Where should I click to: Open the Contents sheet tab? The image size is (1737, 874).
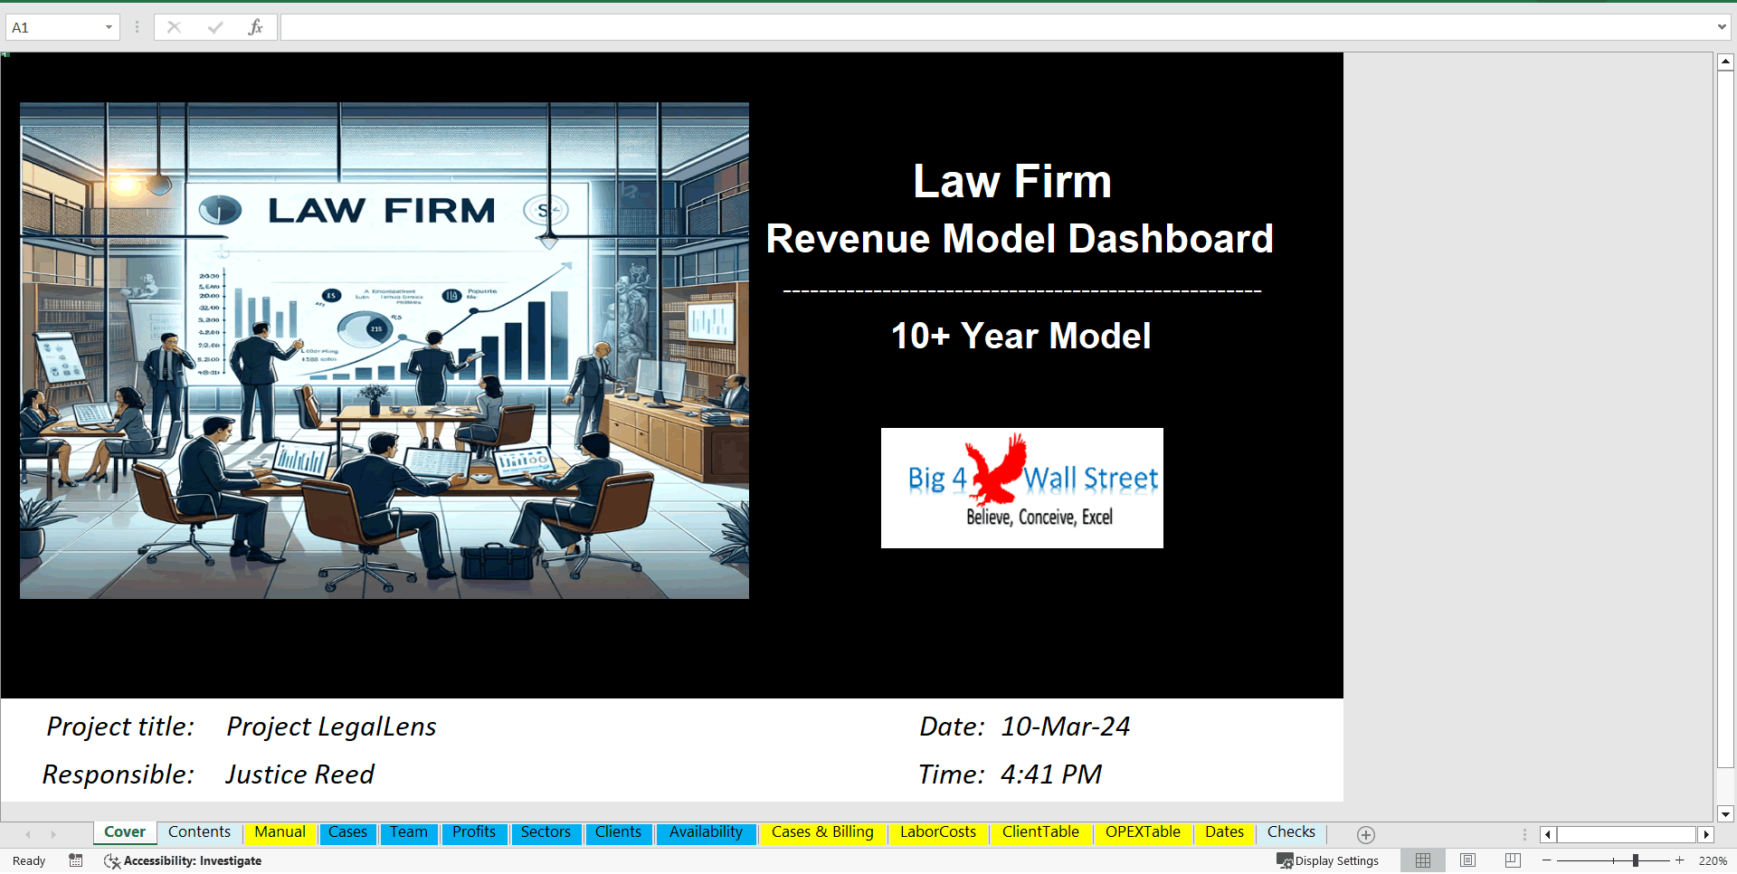[199, 832]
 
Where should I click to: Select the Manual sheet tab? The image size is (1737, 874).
[280, 832]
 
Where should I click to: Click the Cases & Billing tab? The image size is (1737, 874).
[822, 832]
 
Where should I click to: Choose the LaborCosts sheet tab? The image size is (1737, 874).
[938, 832]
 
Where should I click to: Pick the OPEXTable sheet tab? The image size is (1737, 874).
[1143, 832]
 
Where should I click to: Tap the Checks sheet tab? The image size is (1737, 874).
[1291, 832]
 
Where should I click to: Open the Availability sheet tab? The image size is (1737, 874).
[706, 832]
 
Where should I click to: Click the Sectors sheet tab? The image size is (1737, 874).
[546, 832]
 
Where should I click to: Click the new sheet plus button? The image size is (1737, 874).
[1366, 834]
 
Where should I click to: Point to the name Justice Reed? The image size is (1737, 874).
[299, 774]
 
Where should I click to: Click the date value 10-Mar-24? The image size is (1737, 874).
[1065, 727]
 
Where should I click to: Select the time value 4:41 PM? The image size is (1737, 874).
[1051, 774]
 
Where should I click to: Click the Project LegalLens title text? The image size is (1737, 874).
[331, 727]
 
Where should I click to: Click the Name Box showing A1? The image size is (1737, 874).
[54, 27]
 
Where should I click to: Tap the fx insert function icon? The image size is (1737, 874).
[255, 27]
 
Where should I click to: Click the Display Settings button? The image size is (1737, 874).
[1328, 860]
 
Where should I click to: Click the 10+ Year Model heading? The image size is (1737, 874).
[1020, 336]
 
